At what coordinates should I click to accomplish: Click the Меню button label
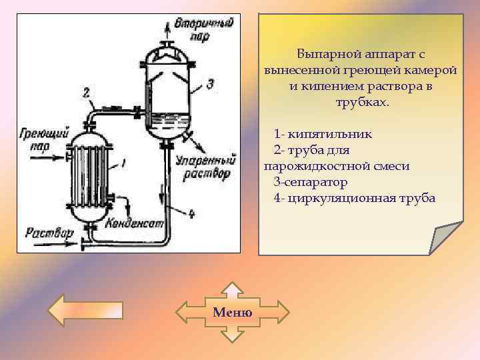pos(233,312)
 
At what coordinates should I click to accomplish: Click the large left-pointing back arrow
pos(85,311)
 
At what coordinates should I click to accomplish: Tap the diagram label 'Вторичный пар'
pos(203,30)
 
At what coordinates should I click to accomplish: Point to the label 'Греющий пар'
pos(44,139)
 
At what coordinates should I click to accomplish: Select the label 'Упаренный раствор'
pos(205,167)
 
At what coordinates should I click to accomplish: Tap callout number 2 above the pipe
pos(87,92)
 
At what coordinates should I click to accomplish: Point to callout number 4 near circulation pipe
pos(191,214)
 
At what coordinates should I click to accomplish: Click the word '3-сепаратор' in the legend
pos(310,181)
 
